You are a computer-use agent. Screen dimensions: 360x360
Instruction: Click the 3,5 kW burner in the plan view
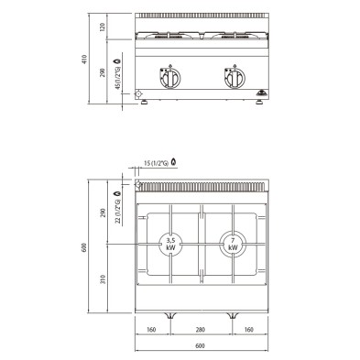pyautogui.click(x=170, y=244)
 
